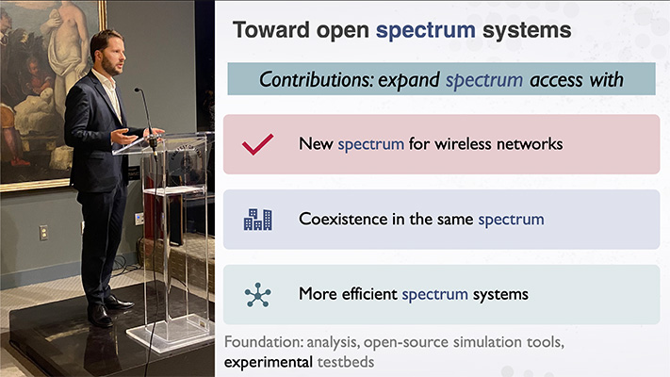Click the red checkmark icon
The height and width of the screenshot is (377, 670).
[257, 144]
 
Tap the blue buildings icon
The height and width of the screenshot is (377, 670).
[257, 220]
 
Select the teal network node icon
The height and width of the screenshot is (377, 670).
[257, 294]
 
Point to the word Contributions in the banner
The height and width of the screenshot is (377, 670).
[317, 79]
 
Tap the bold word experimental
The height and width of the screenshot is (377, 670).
[269, 363]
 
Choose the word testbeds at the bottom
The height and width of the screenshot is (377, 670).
[346, 362]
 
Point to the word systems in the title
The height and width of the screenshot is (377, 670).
[527, 31]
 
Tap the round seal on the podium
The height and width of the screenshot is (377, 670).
[185, 159]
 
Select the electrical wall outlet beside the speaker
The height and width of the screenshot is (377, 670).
[43, 233]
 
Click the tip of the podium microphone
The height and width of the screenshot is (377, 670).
[137, 90]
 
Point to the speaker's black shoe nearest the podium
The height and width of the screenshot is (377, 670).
[119, 303]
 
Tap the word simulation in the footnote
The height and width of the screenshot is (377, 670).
[486, 342]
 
